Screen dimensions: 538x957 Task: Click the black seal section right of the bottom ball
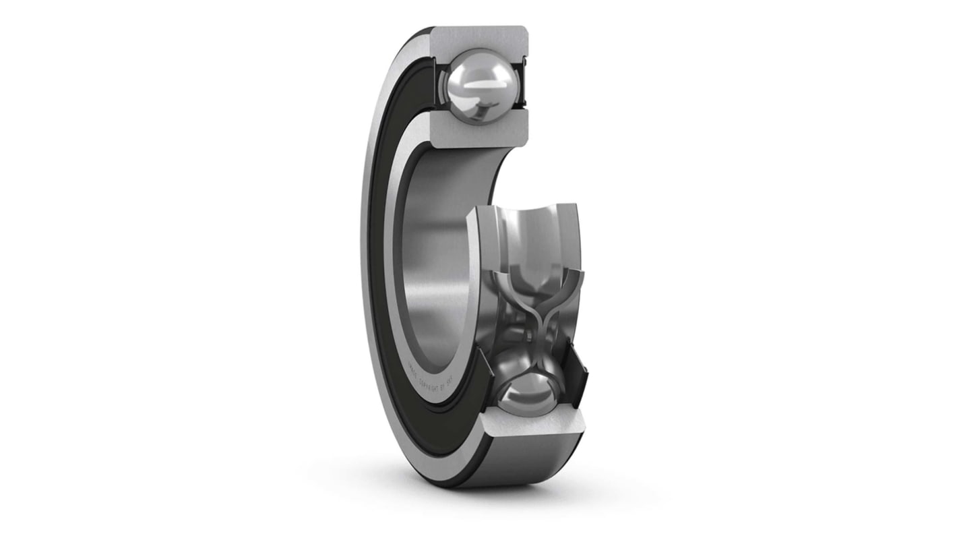point(575,381)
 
